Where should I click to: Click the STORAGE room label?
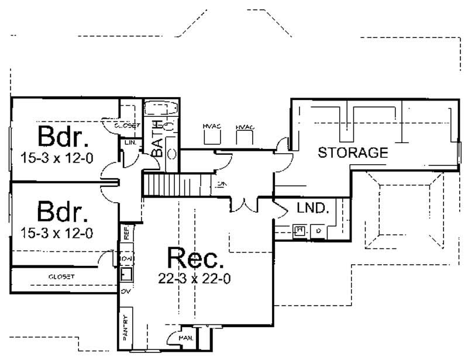pos(353,153)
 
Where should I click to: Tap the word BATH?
pos(157,139)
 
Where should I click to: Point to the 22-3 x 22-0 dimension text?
pos(195,279)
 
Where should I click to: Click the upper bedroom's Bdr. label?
pos(64,137)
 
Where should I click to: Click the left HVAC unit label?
pos(211,127)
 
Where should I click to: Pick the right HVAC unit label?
pos(245,127)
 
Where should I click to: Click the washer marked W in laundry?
pos(300,230)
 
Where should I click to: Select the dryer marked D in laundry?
pos(319,231)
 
